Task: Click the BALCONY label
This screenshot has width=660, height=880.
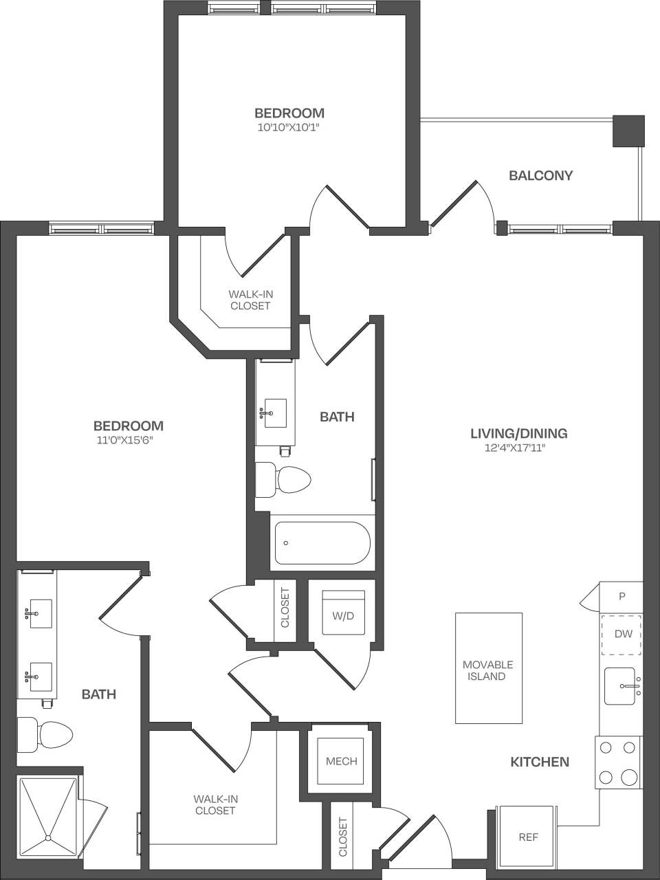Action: [x=540, y=175]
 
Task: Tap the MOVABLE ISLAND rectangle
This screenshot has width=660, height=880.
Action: [x=488, y=668]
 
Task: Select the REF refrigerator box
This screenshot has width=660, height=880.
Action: [x=528, y=837]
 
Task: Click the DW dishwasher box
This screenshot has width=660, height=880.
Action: [x=623, y=634]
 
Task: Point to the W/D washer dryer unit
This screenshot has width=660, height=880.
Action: [x=342, y=615]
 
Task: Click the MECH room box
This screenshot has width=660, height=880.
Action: [x=341, y=761]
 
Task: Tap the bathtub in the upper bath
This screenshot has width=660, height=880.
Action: [x=322, y=543]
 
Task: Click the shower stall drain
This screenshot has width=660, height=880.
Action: [x=47, y=837]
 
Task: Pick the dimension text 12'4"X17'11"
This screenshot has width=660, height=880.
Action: [x=519, y=448]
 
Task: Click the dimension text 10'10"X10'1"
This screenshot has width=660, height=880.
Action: [x=289, y=127]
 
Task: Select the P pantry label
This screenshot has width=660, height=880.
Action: [x=621, y=596]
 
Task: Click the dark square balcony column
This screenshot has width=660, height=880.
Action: [x=628, y=131]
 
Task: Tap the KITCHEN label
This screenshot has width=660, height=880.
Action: [x=539, y=762]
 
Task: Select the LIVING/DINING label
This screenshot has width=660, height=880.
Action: [x=518, y=433]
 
